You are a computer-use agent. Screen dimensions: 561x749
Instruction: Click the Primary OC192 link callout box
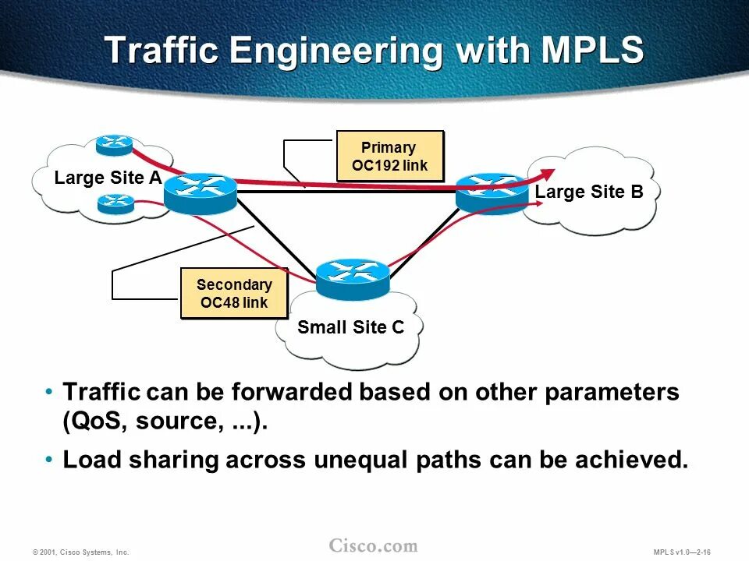389,156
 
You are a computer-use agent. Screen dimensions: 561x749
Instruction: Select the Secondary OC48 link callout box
233,293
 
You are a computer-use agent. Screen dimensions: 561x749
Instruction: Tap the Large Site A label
108,178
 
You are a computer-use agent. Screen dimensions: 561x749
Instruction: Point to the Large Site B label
589,192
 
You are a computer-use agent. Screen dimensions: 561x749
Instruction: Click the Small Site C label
350,327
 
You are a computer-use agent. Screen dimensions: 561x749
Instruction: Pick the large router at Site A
200,192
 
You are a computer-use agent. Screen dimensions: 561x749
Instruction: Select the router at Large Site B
492,192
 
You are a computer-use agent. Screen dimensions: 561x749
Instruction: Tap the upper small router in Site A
115,145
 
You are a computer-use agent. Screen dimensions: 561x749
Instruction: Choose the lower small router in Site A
116,203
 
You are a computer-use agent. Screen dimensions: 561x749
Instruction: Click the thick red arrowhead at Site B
549,173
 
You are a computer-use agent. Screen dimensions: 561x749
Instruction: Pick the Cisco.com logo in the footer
373,545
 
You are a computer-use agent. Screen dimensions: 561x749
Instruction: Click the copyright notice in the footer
80,552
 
